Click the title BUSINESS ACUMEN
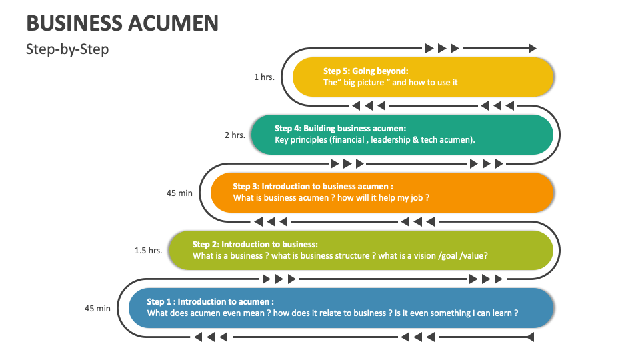[123, 23]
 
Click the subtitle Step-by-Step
[67, 49]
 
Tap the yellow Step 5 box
[423, 77]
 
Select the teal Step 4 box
[401, 134]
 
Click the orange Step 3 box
[382, 192]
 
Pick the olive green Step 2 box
[360, 250]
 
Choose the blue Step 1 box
[341, 307]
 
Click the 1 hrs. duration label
[264, 77]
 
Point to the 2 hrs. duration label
[235, 135]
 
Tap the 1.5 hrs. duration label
[148, 251]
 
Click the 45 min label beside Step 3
[179, 193]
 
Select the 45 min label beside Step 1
[97, 308]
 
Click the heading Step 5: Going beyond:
[365, 71]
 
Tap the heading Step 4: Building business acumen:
[340, 128]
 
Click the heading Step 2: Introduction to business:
[255, 244]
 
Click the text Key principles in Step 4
[299, 140]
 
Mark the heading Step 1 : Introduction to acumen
[210, 301]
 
